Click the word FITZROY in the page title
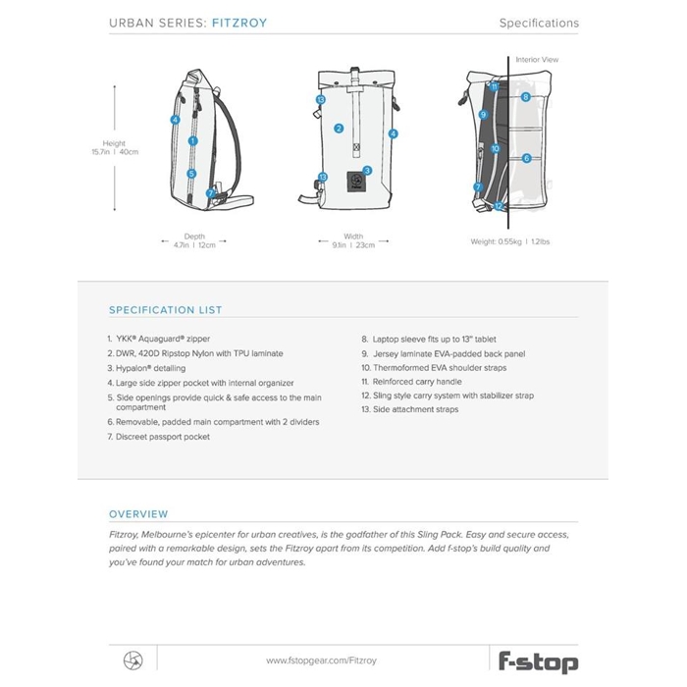click(x=239, y=23)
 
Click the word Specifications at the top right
click(x=539, y=23)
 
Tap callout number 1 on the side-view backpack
click(x=193, y=141)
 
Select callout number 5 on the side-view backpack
click(x=192, y=174)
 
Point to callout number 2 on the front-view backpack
click(x=339, y=128)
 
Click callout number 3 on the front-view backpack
click(x=367, y=170)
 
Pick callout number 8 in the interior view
click(x=526, y=97)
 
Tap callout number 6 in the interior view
click(x=526, y=158)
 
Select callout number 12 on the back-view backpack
click(x=499, y=206)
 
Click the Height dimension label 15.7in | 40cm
click(x=115, y=152)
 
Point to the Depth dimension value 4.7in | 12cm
click(x=194, y=244)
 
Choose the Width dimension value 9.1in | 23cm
click(x=353, y=244)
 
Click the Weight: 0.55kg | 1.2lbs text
click(x=509, y=241)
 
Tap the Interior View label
click(x=537, y=60)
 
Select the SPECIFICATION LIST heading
click(x=165, y=310)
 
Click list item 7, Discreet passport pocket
click(x=158, y=437)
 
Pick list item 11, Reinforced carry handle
click(x=406, y=381)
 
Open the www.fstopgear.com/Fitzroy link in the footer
click(x=321, y=661)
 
